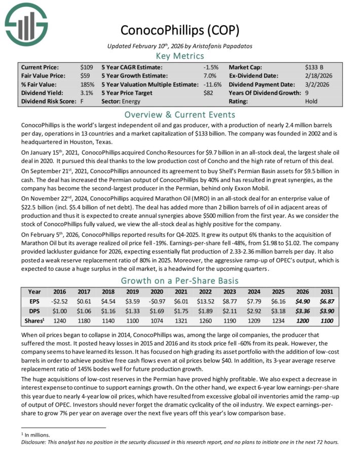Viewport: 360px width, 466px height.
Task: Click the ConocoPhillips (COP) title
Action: click(180, 30)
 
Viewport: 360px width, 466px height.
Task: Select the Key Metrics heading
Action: click(180, 56)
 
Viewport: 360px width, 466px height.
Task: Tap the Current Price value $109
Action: click(86, 67)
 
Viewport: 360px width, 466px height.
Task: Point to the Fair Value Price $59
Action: click(85, 76)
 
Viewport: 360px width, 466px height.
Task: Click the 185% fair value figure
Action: click(87, 84)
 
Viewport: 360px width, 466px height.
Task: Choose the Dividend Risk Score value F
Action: click(82, 101)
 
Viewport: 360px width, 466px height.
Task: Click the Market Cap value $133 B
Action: click(315, 67)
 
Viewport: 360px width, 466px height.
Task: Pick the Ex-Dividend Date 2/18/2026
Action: click(320, 76)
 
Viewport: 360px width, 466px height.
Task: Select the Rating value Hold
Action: click(311, 101)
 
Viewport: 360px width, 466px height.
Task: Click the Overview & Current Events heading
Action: click(180, 114)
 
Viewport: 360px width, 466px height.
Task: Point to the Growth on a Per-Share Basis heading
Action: click(180, 281)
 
